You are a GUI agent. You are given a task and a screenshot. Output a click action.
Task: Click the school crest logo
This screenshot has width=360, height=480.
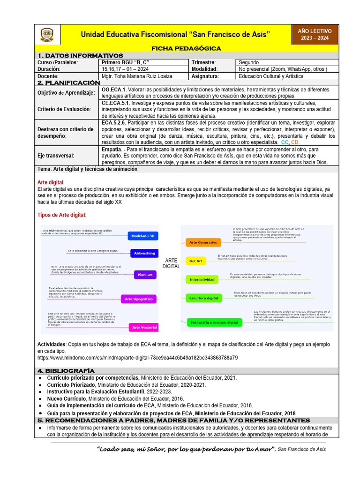[47, 35]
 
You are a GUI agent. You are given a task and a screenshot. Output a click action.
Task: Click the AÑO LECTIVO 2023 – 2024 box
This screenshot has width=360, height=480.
[314, 34]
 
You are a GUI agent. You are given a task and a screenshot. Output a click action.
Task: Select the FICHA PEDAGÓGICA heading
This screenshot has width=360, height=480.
[186, 48]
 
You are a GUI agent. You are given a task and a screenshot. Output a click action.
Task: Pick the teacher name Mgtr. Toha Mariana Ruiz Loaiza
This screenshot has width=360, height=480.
[136, 76]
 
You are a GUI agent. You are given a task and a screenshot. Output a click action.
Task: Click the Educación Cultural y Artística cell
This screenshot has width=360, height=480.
[270, 76]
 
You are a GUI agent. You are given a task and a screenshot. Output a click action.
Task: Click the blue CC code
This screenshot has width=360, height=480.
[285, 142]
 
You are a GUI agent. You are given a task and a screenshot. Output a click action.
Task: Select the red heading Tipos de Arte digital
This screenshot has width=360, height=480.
[62, 215]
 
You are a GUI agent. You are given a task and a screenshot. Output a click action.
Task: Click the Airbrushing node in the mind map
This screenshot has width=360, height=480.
[144, 253]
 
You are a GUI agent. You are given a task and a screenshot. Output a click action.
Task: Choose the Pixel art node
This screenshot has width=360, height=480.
[145, 275]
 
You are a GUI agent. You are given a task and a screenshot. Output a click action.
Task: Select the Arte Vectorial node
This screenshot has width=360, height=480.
[144, 327]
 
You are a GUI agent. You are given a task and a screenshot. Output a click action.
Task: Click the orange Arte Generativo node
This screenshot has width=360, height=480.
[203, 243]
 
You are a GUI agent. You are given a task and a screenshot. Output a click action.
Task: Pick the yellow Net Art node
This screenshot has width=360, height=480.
[195, 260]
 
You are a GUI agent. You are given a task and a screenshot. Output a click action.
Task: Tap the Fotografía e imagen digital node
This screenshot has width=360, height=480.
[214, 322]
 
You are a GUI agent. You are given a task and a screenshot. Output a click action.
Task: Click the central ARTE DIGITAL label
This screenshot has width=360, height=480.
[171, 263]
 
